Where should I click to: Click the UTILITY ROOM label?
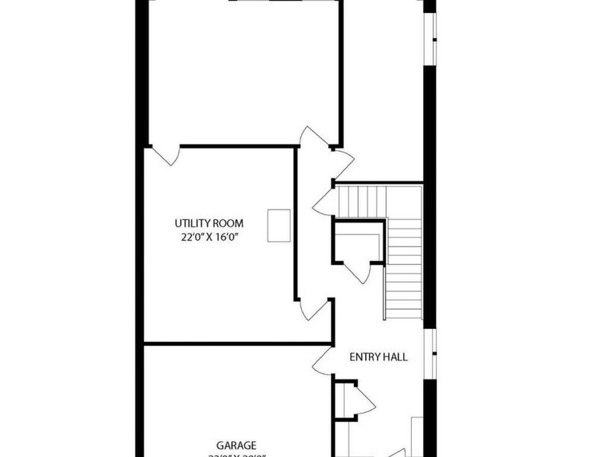tap(209, 223)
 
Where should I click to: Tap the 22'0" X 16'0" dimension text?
tap(209, 237)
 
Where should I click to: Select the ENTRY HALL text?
tap(378, 356)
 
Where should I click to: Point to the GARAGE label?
tap(236, 446)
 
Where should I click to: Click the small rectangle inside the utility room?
tap(278, 226)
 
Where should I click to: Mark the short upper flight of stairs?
tap(362, 201)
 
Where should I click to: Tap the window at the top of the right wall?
tap(432, 38)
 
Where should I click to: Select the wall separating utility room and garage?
tap(236, 344)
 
